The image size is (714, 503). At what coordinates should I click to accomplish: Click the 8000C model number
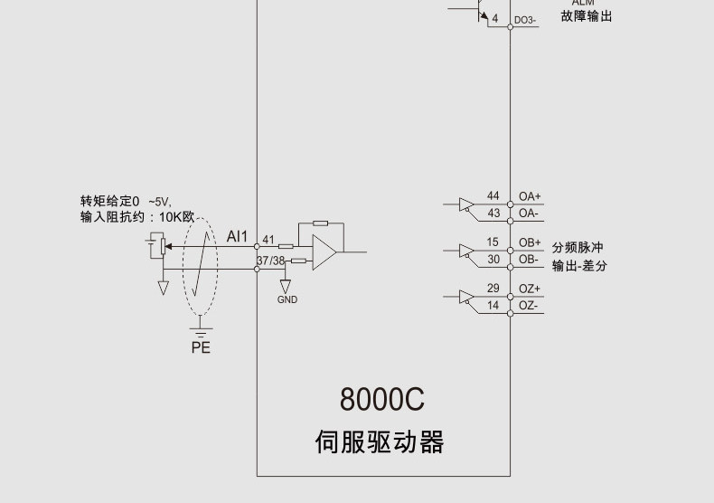click(x=381, y=399)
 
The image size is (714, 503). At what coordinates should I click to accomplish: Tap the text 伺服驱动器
click(x=380, y=442)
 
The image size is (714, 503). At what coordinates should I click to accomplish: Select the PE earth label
click(x=201, y=347)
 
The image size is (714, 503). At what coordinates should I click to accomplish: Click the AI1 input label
click(x=237, y=237)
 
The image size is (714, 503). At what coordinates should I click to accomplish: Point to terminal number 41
click(x=268, y=240)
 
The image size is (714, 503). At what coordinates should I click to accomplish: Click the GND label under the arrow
click(x=287, y=299)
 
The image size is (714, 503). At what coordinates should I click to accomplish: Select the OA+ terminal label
click(x=530, y=196)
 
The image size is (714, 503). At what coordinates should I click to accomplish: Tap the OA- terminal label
click(x=529, y=214)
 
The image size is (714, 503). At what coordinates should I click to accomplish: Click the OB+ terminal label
click(x=530, y=242)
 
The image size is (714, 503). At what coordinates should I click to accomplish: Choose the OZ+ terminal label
click(x=530, y=289)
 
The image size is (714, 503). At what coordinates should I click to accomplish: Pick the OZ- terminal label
click(x=529, y=306)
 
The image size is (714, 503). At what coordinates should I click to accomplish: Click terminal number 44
click(x=493, y=196)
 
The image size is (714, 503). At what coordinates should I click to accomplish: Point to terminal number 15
click(x=493, y=242)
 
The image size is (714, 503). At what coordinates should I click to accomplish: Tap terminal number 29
click(x=493, y=289)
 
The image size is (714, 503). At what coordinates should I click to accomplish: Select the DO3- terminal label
click(x=525, y=20)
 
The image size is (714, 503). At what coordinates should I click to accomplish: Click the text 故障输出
click(x=586, y=15)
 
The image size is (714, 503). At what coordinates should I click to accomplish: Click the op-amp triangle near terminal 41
click(x=324, y=252)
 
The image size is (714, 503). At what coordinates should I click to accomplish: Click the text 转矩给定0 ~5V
click(x=127, y=201)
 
